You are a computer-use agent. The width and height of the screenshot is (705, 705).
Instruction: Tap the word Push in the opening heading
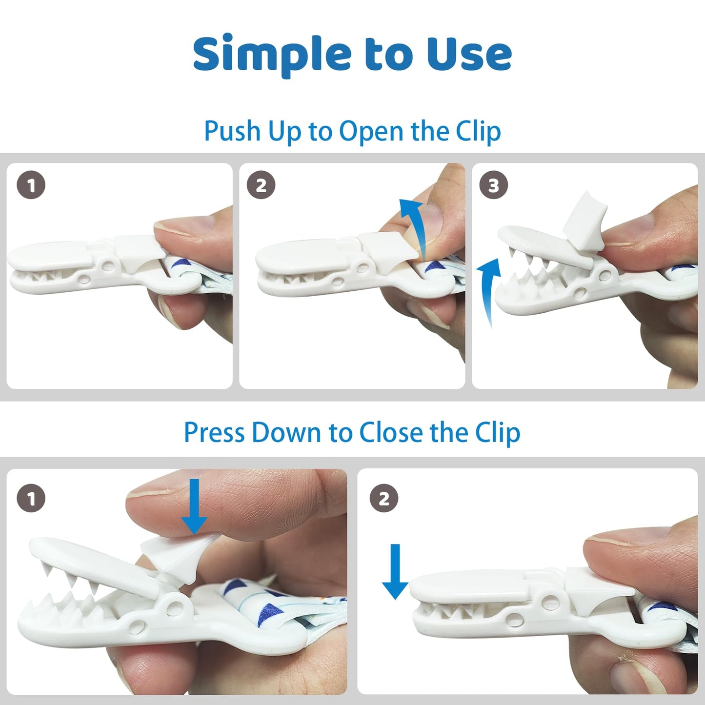(232, 131)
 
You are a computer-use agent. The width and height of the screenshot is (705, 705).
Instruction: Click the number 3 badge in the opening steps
(494, 185)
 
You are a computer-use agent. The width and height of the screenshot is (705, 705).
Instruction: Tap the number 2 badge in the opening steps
(261, 185)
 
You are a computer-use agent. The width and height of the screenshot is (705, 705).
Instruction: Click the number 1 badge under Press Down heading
(31, 499)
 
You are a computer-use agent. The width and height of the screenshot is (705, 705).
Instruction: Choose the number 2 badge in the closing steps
(384, 499)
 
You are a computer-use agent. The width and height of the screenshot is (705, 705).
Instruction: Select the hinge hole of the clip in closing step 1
(175, 606)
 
